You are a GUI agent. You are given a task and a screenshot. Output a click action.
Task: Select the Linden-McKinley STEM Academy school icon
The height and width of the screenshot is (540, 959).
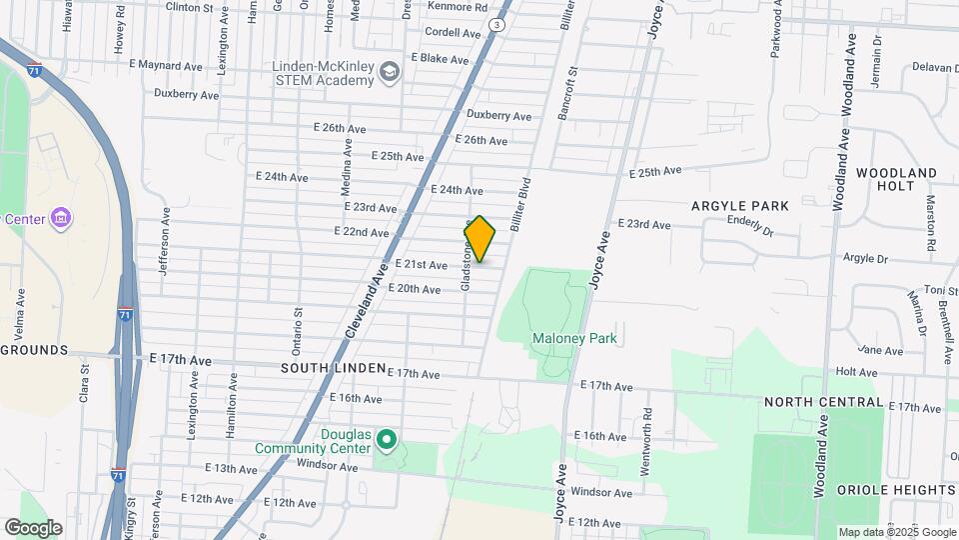pos(389,73)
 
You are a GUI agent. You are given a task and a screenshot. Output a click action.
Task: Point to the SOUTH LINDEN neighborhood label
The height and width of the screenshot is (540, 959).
pos(333,368)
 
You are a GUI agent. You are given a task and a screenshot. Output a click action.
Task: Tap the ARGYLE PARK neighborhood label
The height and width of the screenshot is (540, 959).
pos(740,206)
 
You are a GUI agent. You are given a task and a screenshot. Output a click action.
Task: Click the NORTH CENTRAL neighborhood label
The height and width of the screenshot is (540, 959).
pos(823,402)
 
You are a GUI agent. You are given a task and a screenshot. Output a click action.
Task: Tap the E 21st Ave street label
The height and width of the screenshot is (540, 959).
pos(421,265)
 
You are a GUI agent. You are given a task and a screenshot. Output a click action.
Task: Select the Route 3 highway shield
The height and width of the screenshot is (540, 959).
pos(495,22)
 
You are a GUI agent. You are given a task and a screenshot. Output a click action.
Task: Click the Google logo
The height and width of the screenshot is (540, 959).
pos(34,527)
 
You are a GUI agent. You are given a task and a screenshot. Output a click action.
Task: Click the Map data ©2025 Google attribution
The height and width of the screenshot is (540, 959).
pos(896,532)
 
